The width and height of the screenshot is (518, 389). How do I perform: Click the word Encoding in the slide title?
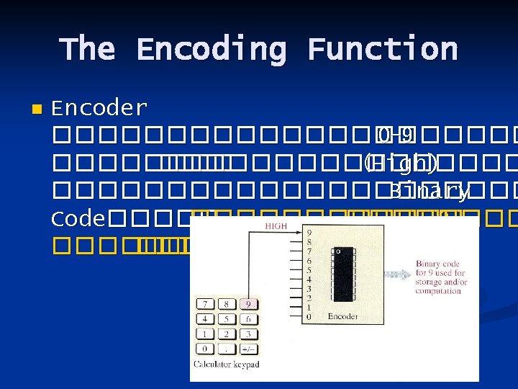click(x=211, y=50)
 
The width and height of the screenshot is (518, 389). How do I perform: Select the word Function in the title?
click(x=383, y=50)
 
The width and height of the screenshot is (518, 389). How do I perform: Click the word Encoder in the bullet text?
click(x=100, y=109)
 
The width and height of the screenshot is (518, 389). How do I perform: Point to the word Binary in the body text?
click(x=430, y=191)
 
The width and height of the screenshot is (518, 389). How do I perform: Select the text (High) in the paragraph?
click(x=401, y=164)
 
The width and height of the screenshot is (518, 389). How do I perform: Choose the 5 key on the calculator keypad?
click(x=227, y=319)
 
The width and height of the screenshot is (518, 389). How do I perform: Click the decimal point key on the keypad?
click(x=227, y=349)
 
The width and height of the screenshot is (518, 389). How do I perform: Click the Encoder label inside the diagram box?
click(x=342, y=316)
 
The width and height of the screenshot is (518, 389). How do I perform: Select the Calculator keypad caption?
click(x=225, y=365)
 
